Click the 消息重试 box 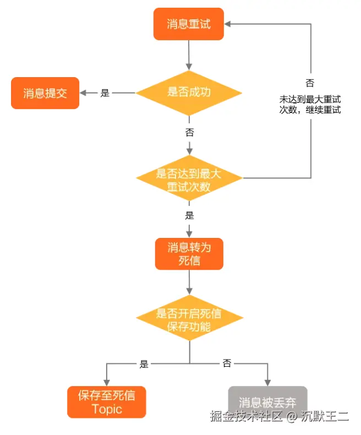189,24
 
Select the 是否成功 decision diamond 189,93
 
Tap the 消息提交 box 45,93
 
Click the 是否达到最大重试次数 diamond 189,180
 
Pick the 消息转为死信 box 189,254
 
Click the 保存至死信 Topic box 107,402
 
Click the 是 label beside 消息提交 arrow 105,93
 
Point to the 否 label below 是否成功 189,132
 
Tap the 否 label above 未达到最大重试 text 310,83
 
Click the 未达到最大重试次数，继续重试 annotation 310,105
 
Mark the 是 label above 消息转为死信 189,215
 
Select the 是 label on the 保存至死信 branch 144,364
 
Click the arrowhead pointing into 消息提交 84,93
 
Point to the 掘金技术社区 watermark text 246,416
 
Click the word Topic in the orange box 107,410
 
